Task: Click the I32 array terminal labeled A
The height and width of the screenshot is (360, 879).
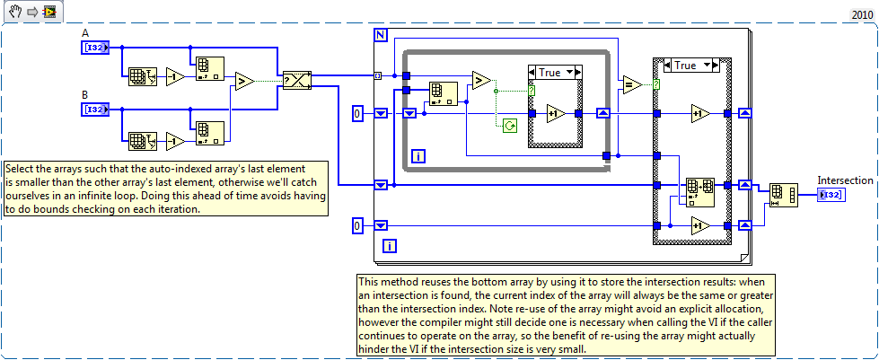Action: tap(95, 47)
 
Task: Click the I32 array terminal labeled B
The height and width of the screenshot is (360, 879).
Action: tap(95, 110)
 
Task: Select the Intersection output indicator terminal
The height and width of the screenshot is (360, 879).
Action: tap(830, 196)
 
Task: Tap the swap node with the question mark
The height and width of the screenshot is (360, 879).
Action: tap(295, 81)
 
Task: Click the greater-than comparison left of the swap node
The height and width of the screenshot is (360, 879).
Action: tap(242, 81)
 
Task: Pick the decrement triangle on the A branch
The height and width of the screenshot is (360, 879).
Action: tap(176, 77)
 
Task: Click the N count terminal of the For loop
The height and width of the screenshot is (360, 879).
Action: tap(380, 35)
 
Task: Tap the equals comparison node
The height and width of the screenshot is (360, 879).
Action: tap(632, 85)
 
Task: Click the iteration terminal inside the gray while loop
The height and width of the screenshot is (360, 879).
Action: tap(418, 157)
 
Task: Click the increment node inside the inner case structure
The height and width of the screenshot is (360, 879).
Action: tap(555, 114)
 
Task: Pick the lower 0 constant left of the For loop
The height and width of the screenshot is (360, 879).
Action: tap(357, 225)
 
